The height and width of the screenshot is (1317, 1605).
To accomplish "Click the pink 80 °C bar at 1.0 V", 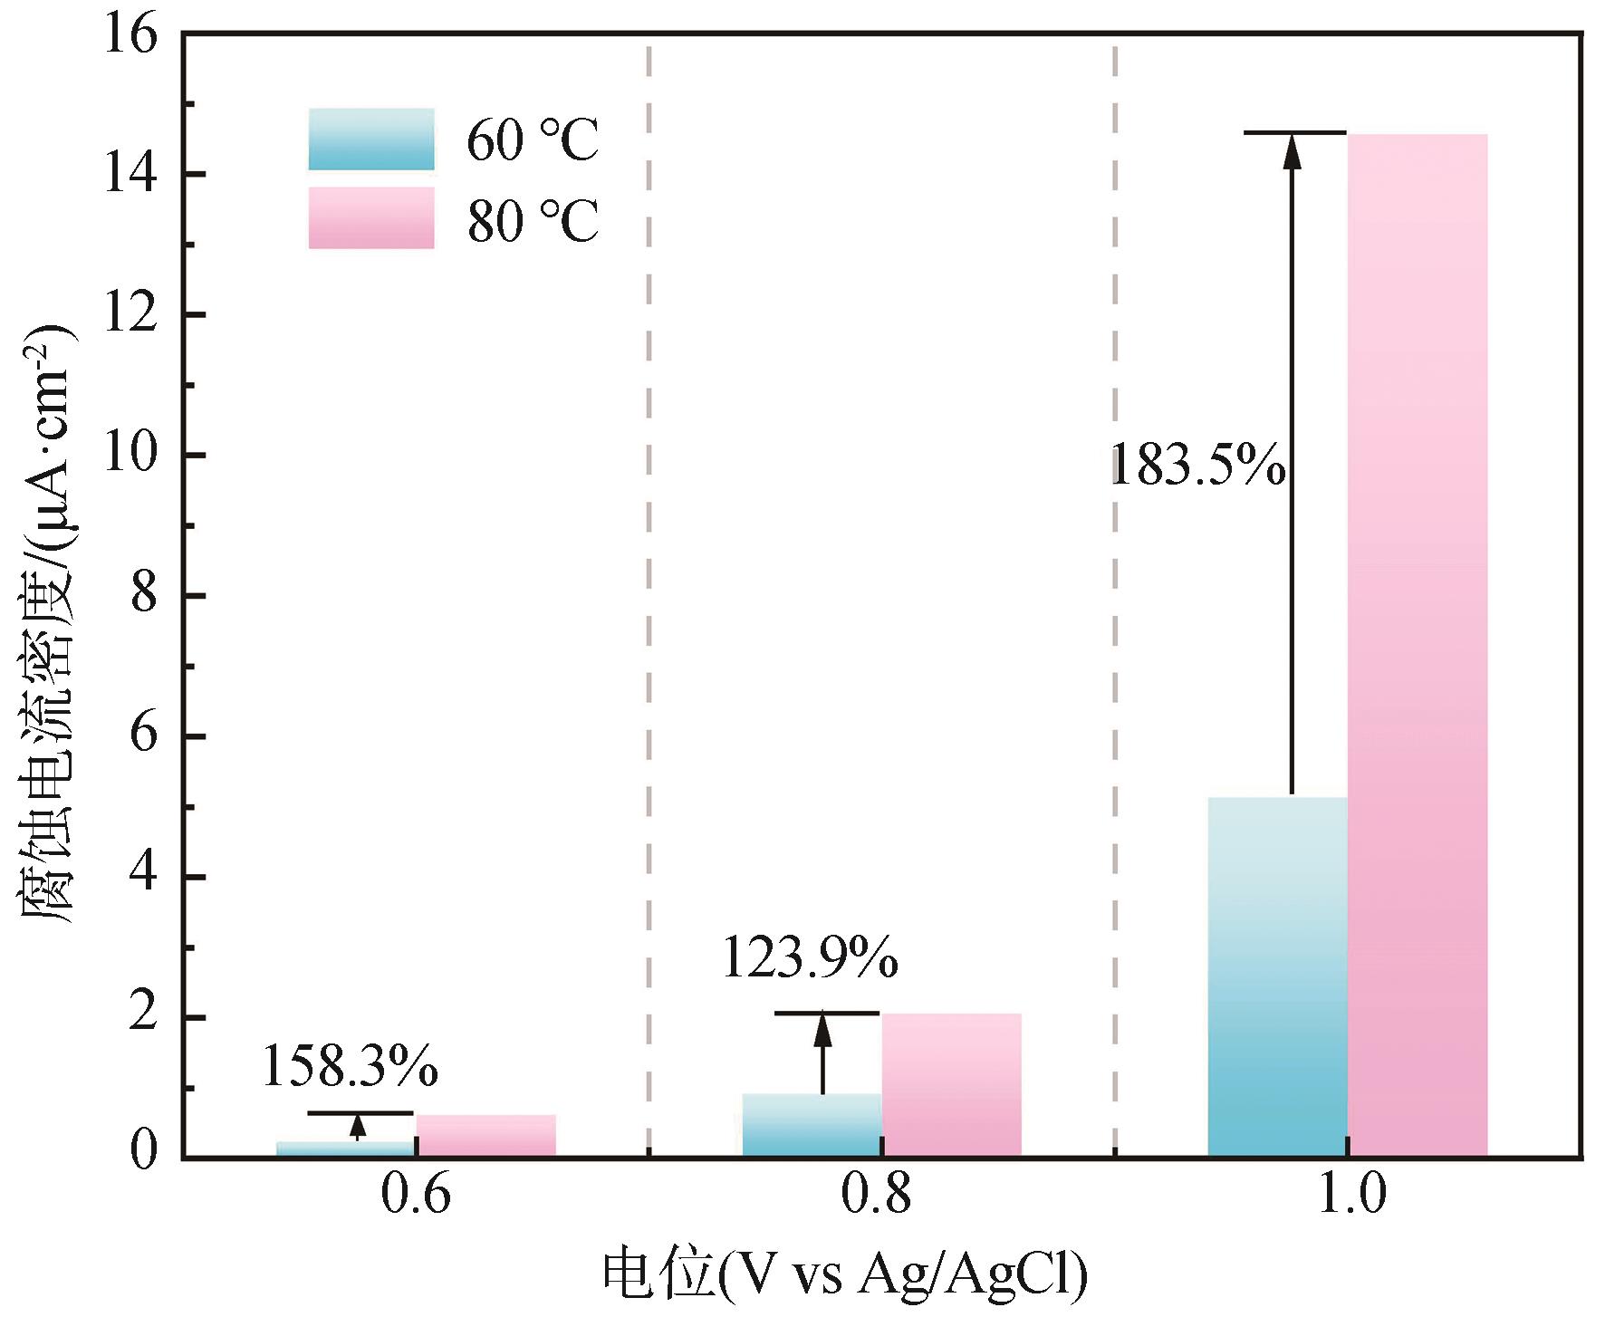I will (1418, 644).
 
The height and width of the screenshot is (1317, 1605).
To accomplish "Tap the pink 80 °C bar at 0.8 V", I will (952, 1083).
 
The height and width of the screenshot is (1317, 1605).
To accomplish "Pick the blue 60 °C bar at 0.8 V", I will (812, 1124).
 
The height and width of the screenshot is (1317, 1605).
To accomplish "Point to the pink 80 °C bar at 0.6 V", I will (486, 1135).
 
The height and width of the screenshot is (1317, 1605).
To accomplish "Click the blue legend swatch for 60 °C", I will (371, 139).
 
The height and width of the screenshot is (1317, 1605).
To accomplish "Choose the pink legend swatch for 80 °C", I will (371, 218).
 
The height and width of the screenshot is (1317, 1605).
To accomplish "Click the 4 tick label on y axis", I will (145, 877).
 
